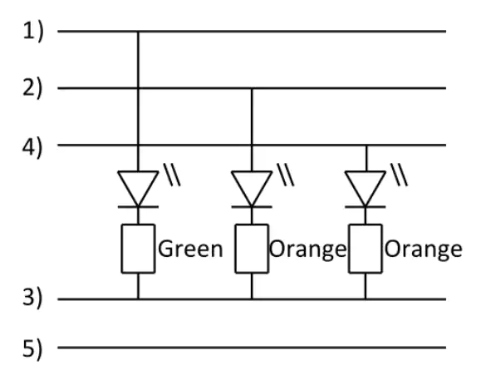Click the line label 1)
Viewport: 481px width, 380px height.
(x=33, y=32)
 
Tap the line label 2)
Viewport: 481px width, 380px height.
(x=32, y=88)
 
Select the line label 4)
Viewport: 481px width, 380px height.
(x=32, y=148)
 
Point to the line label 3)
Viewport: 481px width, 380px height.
(x=32, y=298)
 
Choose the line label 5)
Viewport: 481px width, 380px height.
(x=32, y=349)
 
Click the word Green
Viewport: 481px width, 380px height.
(x=190, y=249)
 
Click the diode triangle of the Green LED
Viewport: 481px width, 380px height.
(x=138, y=188)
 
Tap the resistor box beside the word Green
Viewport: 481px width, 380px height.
(x=138, y=249)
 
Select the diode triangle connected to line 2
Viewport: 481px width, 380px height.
(x=252, y=188)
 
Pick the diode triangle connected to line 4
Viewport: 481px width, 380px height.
(x=366, y=188)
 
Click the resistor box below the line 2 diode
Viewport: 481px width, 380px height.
(x=252, y=249)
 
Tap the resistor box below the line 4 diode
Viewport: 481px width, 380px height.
(x=366, y=249)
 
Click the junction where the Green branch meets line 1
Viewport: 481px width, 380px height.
(x=138, y=32)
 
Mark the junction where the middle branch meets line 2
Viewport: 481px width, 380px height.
(x=252, y=88)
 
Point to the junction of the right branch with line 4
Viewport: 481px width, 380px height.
(x=366, y=145)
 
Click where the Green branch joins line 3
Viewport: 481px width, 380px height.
(x=138, y=299)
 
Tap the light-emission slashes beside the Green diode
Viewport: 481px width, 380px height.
(x=172, y=175)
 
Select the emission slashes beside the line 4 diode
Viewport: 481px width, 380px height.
(x=399, y=175)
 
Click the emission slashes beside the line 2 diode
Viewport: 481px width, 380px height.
(x=286, y=175)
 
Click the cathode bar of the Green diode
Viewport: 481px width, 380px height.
(x=138, y=207)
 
